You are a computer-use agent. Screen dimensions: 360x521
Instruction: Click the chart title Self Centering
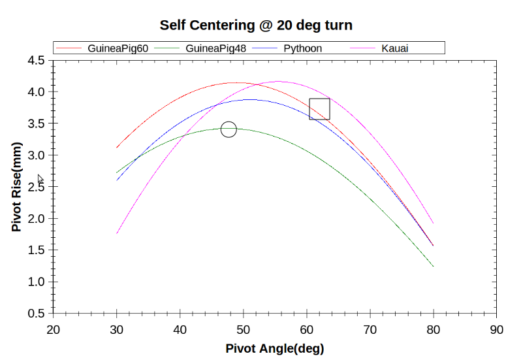pos(256,25)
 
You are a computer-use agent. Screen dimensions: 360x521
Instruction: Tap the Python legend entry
pos(302,48)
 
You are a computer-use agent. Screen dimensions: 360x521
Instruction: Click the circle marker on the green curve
pos(229,129)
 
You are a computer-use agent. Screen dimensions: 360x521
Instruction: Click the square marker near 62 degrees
pos(319,109)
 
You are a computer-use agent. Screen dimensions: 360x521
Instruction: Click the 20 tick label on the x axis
pos(54,329)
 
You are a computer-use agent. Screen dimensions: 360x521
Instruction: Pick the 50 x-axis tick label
pos(244,329)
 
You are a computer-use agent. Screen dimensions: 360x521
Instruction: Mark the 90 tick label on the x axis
pos(497,329)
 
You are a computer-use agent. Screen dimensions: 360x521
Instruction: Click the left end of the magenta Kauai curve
pos(117,233)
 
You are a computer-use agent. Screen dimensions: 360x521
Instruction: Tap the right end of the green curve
pos(434,267)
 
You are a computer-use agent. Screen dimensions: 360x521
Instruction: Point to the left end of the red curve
pos(117,148)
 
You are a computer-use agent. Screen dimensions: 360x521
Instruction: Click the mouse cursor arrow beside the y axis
pos(40,178)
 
